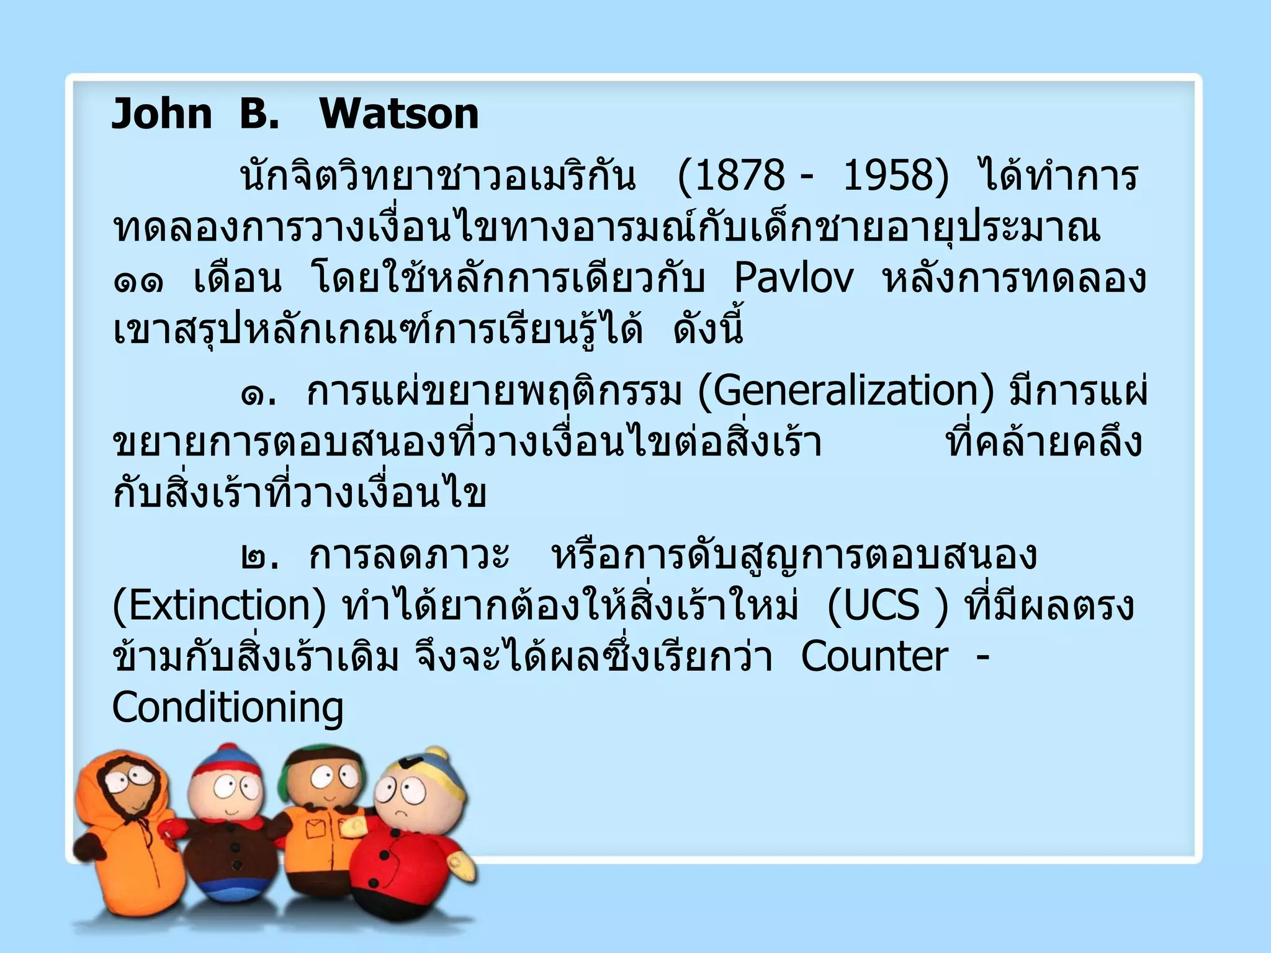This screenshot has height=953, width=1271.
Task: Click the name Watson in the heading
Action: [399, 114]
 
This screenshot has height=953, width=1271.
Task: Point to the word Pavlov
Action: [794, 279]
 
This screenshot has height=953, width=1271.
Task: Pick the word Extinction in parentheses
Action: [219, 606]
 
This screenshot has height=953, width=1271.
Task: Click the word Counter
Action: [874, 657]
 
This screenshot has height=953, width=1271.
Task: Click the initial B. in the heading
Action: [259, 114]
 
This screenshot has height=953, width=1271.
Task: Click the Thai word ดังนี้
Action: [708, 329]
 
